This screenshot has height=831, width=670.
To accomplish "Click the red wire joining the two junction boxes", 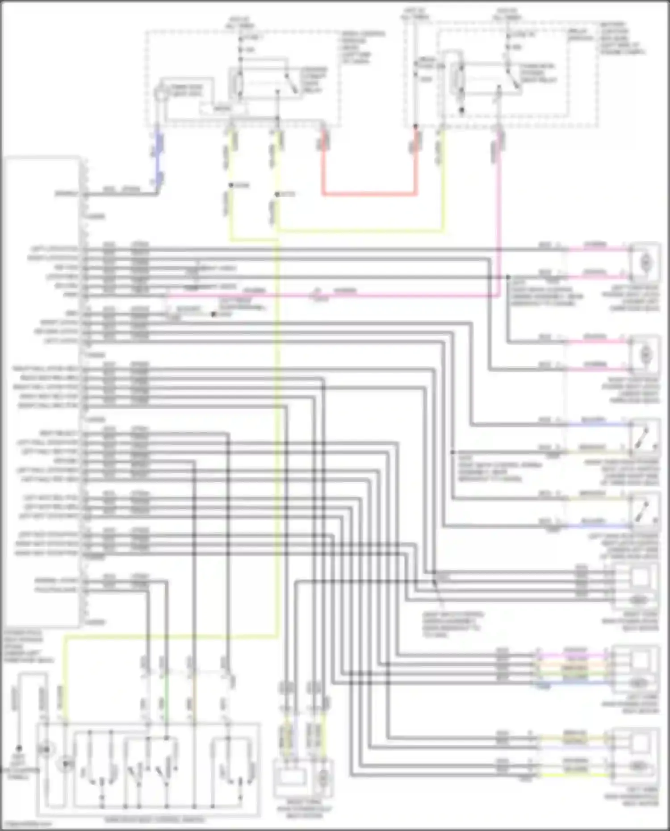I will coord(369,194).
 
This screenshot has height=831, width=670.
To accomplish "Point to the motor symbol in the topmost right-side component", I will coord(646,263).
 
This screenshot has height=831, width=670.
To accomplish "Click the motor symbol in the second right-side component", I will coord(646,355).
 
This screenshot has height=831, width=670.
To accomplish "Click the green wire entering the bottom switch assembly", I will coord(166,701).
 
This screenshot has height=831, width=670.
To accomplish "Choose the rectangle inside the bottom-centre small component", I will coord(293,780).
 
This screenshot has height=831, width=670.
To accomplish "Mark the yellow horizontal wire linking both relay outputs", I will coord(357,231).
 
